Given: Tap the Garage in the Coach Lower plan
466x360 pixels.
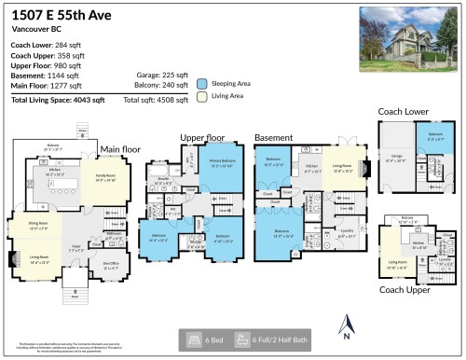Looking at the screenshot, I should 396,159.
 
